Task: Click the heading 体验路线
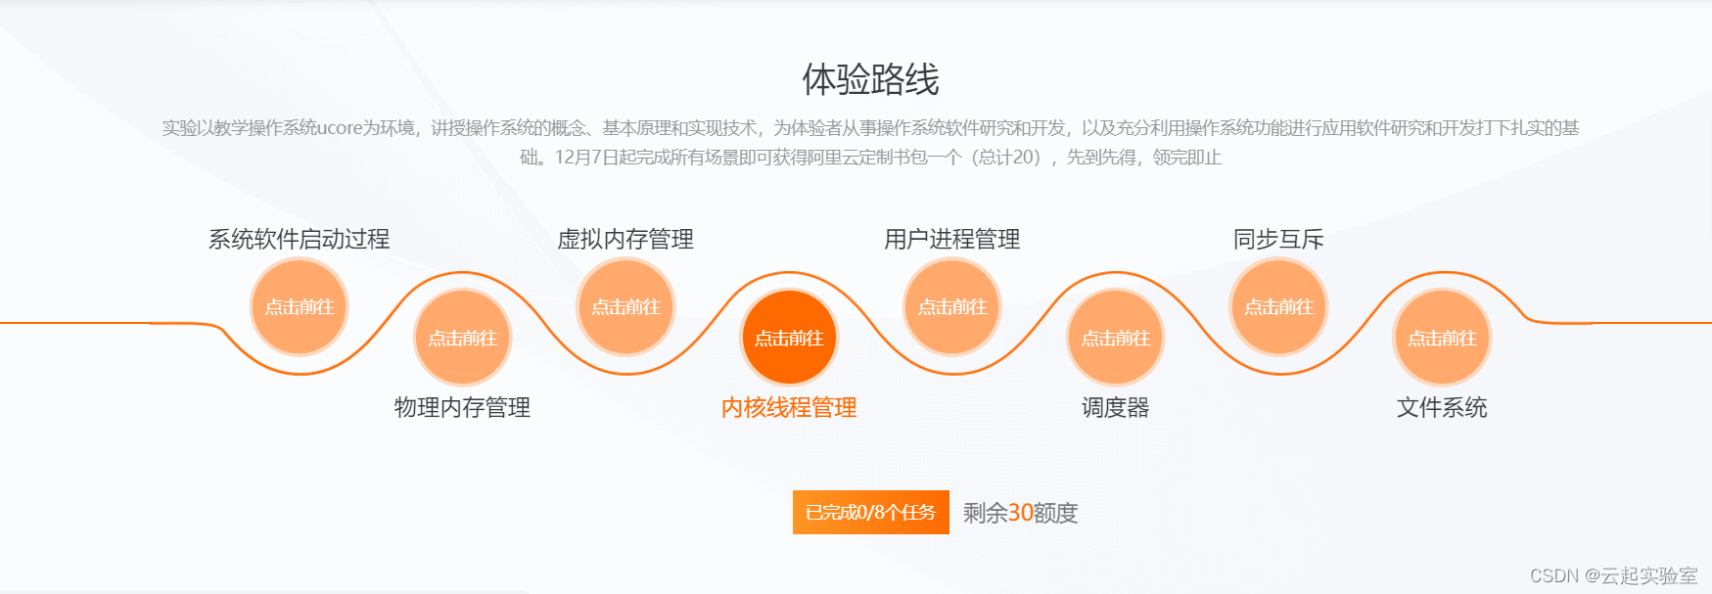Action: pyautogui.click(x=870, y=79)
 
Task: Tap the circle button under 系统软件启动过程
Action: pyautogui.click(x=300, y=307)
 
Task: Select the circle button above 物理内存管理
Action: pyautogui.click(x=463, y=338)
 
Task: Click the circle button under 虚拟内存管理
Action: pyautogui.click(x=625, y=307)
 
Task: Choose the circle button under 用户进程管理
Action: pyautogui.click(x=952, y=307)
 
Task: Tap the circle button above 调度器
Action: pyautogui.click(x=1116, y=338)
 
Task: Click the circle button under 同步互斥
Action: pyautogui.click(x=1278, y=307)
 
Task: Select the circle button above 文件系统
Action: pyautogui.click(x=1442, y=338)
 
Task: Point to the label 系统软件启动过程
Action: pyautogui.click(x=299, y=239)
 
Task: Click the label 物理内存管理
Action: pyautogui.click(x=462, y=407)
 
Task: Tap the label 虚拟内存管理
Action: pyautogui.click(x=625, y=239)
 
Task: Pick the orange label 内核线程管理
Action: pyautogui.click(x=789, y=407)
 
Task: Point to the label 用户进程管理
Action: pyautogui.click(x=952, y=239)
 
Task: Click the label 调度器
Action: pyautogui.click(x=1116, y=407)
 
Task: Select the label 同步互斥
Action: pyautogui.click(x=1278, y=239)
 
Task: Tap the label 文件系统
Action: pyautogui.click(x=1442, y=407)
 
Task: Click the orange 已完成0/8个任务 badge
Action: pyautogui.click(x=870, y=512)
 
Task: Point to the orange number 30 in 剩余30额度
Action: pyautogui.click(x=1021, y=513)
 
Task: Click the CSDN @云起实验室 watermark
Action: pyautogui.click(x=1613, y=575)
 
